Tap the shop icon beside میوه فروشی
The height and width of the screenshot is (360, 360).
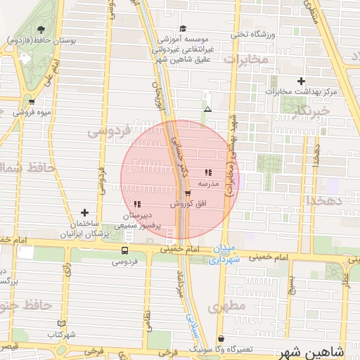pyautogui.click(x=12, y=101)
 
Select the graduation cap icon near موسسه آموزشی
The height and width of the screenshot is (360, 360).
pyautogui.click(x=183, y=29)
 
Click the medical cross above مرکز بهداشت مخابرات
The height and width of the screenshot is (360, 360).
pyautogui.click(x=302, y=82)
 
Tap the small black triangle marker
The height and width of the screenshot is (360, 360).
pyautogui.click(x=207, y=109)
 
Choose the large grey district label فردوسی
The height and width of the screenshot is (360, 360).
pyautogui.click(x=109, y=131)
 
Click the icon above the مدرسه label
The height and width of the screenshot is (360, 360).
pyautogui.click(x=207, y=172)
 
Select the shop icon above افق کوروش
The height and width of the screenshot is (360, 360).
pyautogui.click(x=187, y=193)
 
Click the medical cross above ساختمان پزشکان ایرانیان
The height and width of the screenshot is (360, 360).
pyautogui.click(x=84, y=212)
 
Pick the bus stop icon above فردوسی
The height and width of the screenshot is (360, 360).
pyautogui.click(x=124, y=250)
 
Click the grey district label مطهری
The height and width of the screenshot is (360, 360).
pyautogui.click(x=234, y=307)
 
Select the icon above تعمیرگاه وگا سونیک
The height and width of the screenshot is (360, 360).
pyautogui.click(x=221, y=338)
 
